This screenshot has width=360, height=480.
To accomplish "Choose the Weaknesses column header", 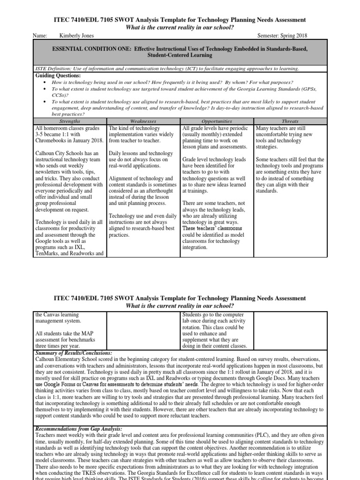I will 143,121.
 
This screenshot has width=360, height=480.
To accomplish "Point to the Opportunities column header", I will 217,121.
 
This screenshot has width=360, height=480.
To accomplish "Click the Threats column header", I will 290,121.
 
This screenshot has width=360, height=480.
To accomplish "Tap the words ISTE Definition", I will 52,68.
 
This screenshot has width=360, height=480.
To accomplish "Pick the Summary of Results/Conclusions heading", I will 74,352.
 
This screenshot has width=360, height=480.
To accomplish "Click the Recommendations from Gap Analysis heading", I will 79,428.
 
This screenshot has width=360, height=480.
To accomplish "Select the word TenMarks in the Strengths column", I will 49,254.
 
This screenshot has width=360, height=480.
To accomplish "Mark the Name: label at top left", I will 41,36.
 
